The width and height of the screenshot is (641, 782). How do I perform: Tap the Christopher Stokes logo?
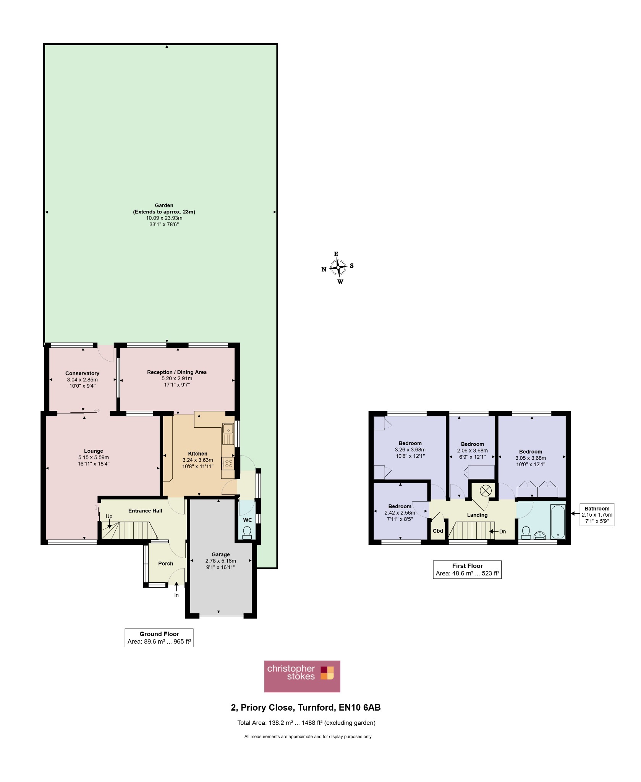(x=302, y=676)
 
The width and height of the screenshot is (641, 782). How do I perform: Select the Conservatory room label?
(x=82, y=373)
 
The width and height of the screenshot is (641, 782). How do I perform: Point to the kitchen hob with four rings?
(x=228, y=464)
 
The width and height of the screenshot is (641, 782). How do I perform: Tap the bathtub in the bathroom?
(x=558, y=522)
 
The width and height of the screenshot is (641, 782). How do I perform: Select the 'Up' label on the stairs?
(x=109, y=516)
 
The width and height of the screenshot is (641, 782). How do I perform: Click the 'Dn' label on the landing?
(x=502, y=531)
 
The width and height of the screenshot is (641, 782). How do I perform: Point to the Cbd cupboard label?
(x=438, y=531)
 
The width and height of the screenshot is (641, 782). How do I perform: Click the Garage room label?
(x=221, y=554)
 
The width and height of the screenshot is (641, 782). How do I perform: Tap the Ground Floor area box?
(x=159, y=638)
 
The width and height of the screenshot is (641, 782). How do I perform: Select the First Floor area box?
(x=467, y=569)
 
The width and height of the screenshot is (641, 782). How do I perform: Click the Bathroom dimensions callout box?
(x=597, y=515)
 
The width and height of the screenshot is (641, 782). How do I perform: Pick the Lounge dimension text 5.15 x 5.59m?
(x=94, y=457)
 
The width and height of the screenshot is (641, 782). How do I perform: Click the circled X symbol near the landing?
(x=486, y=491)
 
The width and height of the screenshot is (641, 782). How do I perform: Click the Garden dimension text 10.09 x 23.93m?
(x=164, y=218)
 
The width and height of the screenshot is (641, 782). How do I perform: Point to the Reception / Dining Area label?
(x=177, y=372)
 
